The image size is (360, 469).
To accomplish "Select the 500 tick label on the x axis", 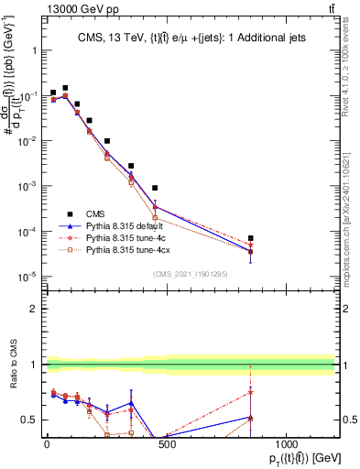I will point(166,444).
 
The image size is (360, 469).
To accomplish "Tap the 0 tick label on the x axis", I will point(47,444).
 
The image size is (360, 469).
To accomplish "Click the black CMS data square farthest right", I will point(250,238).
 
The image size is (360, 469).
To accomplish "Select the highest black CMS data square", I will point(65,88).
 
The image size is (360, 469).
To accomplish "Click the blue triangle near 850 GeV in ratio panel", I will point(250,418).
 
